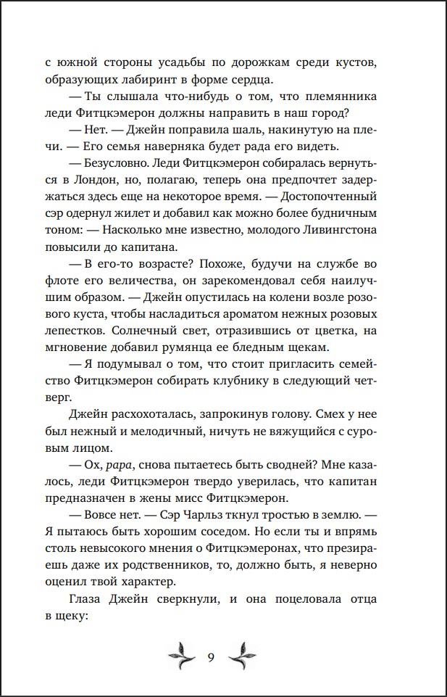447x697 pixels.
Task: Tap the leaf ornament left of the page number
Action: click(x=182, y=656)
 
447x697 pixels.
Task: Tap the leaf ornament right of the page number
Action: click(x=240, y=656)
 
